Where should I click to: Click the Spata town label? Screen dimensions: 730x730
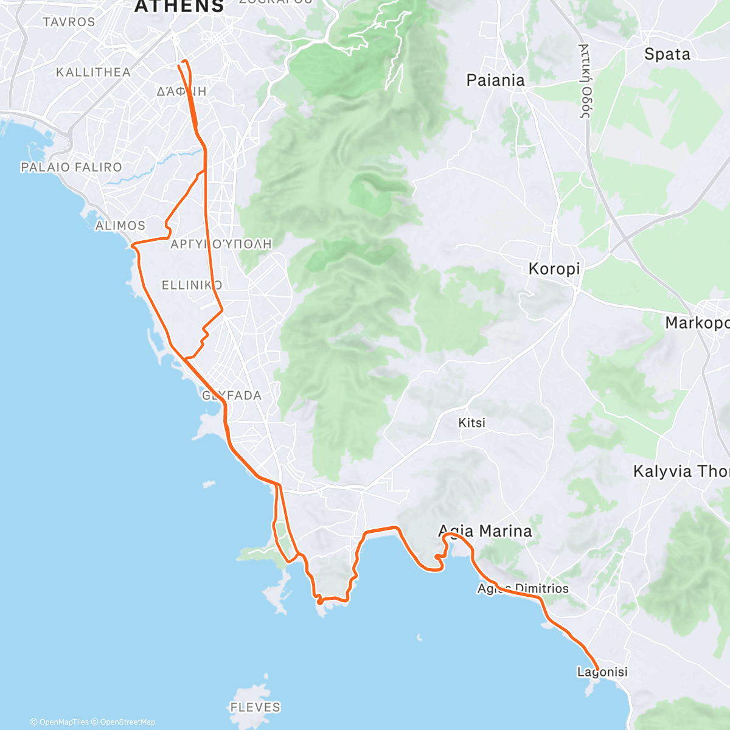(x=667, y=54)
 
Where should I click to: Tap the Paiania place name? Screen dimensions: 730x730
(x=495, y=80)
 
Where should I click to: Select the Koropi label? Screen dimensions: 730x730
(x=554, y=268)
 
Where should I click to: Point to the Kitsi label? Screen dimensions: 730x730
(x=472, y=422)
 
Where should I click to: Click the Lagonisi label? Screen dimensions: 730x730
(x=602, y=672)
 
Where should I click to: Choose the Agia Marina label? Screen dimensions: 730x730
(x=485, y=531)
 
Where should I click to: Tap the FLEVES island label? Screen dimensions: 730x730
(x=255, y=707)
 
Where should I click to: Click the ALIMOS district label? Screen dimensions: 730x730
(x=120, y=226)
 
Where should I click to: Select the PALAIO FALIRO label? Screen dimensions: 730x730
(x=71, y=167)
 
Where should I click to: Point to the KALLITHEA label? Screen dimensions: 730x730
(x=93, y=72)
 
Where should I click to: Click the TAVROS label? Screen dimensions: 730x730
(x=69, y=22)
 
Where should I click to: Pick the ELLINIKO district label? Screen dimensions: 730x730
(x=192, y=285)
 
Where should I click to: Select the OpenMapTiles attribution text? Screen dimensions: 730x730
(x=60, y=722)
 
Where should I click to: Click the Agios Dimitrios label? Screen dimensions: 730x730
(x=523, y=588)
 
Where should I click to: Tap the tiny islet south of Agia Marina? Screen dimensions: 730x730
(x=419, y=638)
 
